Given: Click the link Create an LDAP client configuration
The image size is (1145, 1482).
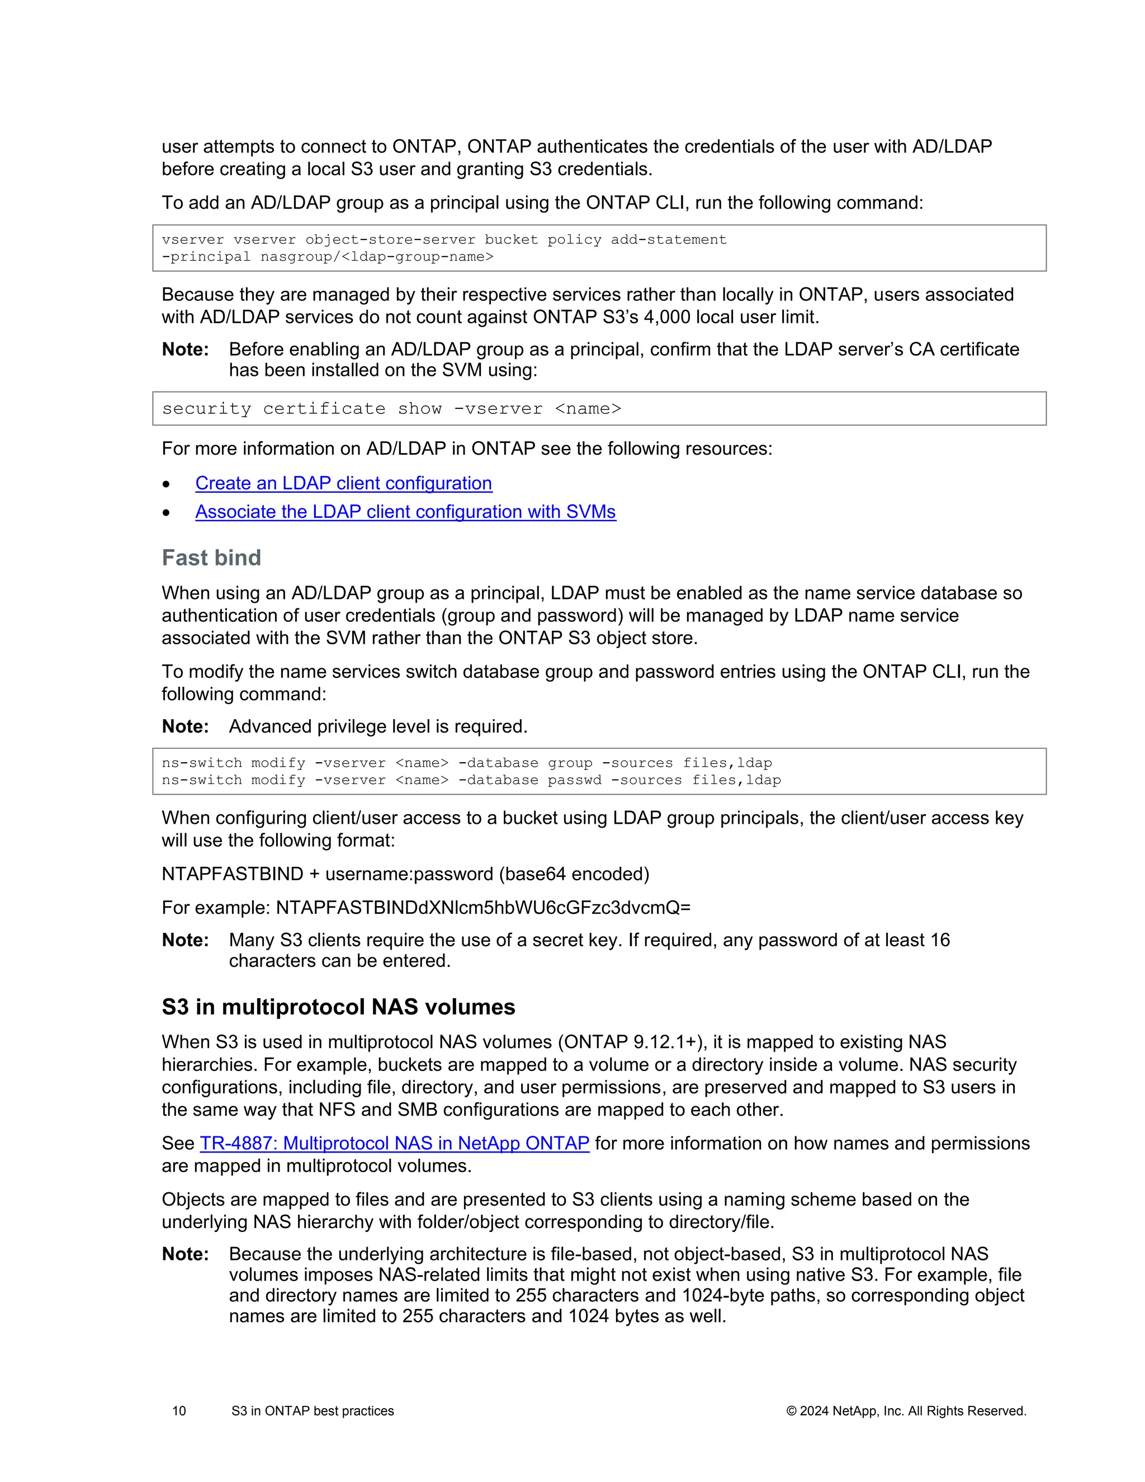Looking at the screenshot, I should pyautogui.click(x=343, y=483).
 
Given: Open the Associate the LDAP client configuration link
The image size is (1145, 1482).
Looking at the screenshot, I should pyautogui.click(x=405, y=512).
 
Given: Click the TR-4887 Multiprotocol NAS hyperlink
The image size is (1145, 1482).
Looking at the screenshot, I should pyautogui.click(x=394, y=1144).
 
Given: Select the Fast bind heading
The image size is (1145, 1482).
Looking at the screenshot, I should pyautogui.click(x=211, y=558).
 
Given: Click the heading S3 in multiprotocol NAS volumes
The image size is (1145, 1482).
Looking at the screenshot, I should pyautogui.click(x=338, y=1007).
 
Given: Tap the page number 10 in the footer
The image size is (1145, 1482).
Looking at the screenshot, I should pyautogui.click(x=179, y=1412).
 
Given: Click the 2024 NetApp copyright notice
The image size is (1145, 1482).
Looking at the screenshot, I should pyautogui.click(x=906, y=1412).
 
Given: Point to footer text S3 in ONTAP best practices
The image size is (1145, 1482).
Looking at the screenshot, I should pyautogui.click(x=312, y=1412).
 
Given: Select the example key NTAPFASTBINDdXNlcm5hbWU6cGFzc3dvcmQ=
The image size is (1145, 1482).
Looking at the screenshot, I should pyautogui.click(x=483, y=908).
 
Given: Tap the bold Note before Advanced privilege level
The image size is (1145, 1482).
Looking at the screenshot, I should pyautogui.click(x=185, y=727).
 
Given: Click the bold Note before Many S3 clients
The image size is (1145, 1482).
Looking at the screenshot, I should pyautogui.click(x=185, y=941).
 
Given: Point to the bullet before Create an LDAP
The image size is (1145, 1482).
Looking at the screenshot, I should pyautogui.click(x=166, y=484).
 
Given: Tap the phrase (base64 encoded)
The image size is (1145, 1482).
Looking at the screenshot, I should pyautogui.click(x=574, y=874).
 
